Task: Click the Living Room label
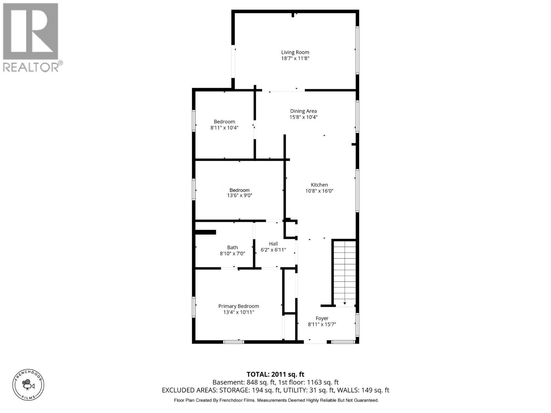coord(295,52)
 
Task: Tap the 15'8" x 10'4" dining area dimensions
coord(303,117)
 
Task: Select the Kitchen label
coord(319,185)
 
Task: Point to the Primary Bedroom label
coord(239,306)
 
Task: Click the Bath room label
coord(232,247)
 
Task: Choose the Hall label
coord(273,244)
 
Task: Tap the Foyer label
coord(322,318)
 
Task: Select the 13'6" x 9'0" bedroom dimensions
coord(240,195)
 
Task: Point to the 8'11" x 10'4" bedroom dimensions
coord(225,128)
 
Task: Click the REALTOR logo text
coord(31,66)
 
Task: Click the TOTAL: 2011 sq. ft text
coord(275,374)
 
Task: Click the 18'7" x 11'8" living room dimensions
coord(295,59)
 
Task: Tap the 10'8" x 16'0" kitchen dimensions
coord(319,191)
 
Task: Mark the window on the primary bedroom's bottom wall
coord(233,342)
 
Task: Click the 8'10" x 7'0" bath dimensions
coord(232,254)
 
